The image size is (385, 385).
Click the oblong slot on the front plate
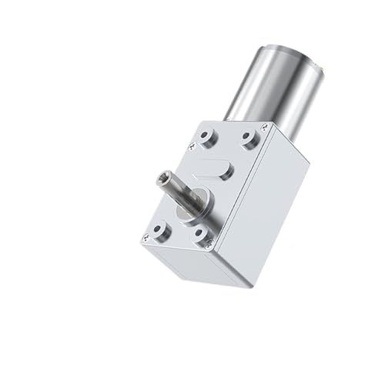tap(216, 169)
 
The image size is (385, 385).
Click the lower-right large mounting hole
tap(202, 234)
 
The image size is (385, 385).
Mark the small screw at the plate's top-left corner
tap(192, 146)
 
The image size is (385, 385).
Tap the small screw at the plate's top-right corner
tap(263, 129)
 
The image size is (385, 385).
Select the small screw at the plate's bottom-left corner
tap(145, 239)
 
